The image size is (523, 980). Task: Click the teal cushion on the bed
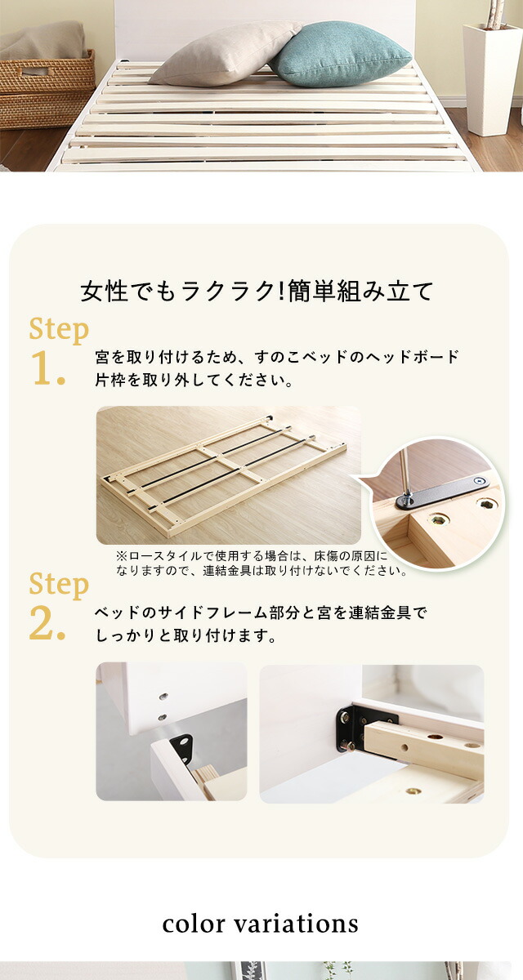341,55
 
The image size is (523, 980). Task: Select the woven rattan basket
47,90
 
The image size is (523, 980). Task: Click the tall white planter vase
491,78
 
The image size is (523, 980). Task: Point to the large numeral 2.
47,623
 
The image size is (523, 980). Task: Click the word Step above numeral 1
59,330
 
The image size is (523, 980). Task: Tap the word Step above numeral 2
59,585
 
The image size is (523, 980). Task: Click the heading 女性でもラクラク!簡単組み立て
257,291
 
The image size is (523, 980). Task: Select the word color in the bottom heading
194,924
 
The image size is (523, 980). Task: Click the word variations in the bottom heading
296,924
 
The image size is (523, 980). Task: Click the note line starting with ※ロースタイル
251,556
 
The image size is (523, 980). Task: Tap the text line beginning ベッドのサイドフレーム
261,613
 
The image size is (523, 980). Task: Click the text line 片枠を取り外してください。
194,381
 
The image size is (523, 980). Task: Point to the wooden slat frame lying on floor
224,475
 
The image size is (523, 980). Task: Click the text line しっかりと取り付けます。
186,635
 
